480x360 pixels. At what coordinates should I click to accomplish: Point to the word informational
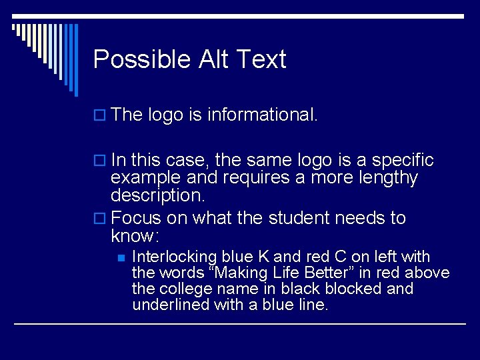(263, 115)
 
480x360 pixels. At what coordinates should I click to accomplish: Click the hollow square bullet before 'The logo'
(100, 116)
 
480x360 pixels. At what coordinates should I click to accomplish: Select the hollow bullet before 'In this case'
(100, 161)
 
